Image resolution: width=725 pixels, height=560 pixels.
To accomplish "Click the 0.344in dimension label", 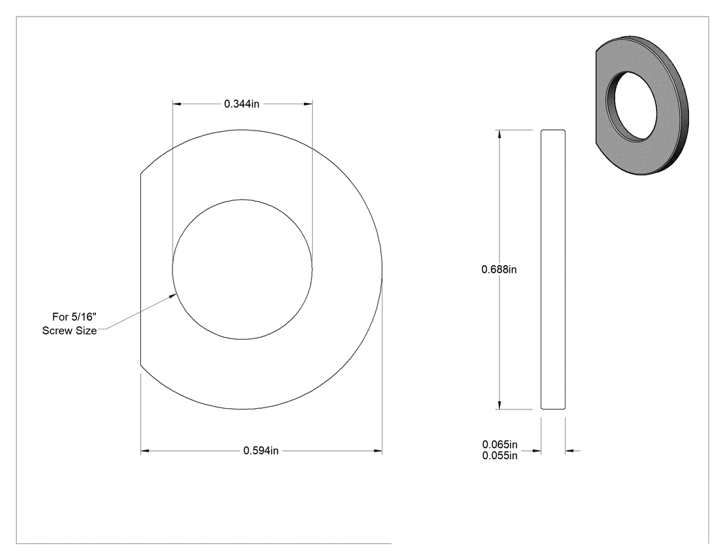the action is click(x=242, y=104).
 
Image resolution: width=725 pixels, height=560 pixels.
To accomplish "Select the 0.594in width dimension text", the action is click(x=261, y=450).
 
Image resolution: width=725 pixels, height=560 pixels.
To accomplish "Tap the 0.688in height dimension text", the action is click(x=499, y=269).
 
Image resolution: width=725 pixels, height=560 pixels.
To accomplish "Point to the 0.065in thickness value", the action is click(x=500, y=445).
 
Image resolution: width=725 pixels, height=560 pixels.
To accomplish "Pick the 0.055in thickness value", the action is click(x=500, y=456).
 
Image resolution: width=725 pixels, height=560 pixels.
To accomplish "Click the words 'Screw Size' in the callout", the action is click(x=69, y=331).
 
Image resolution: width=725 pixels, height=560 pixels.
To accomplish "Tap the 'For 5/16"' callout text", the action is click(x=74, y=317).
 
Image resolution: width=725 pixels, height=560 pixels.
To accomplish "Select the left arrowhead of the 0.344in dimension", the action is click(x=177, y=104).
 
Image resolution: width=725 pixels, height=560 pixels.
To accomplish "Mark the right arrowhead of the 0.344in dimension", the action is click(x=308, y=104).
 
